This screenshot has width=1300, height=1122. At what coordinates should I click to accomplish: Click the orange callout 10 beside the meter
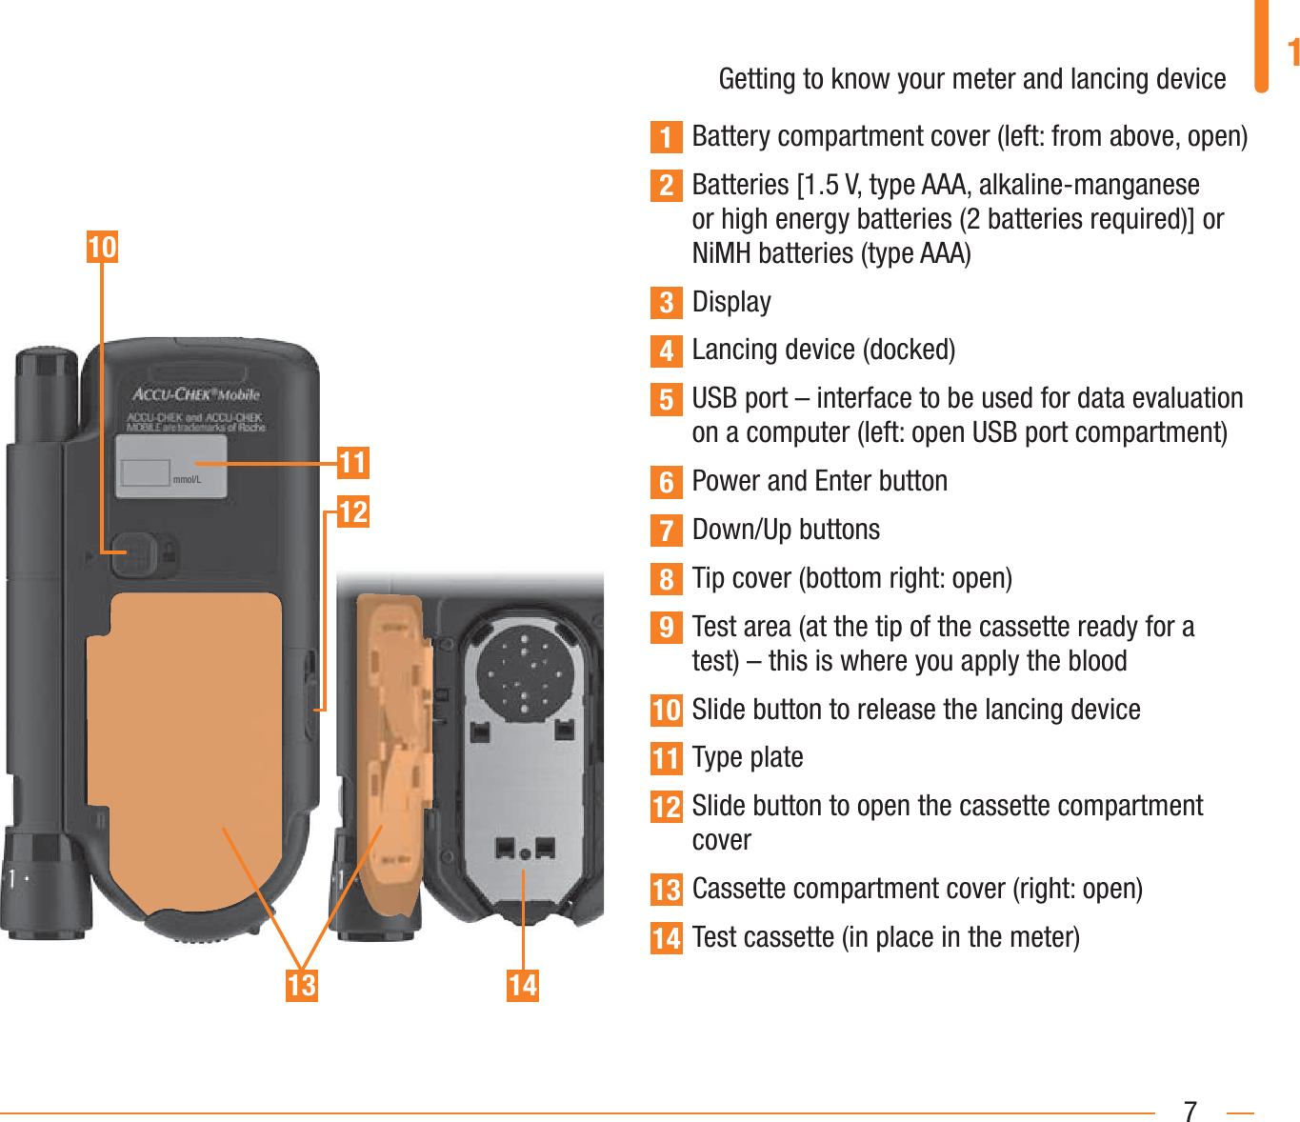102,247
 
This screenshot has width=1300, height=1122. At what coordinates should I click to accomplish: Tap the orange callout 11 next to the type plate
352,463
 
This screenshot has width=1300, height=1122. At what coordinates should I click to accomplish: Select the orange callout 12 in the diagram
352,511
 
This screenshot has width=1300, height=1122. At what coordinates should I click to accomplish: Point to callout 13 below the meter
301,984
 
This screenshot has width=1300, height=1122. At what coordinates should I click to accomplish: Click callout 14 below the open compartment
522,984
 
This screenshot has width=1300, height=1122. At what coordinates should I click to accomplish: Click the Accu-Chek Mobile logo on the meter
195,393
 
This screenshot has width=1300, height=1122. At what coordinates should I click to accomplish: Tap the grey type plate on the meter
171,466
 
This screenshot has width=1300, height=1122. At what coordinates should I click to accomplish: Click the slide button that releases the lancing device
133,552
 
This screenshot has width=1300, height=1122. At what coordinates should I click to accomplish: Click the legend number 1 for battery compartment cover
667,137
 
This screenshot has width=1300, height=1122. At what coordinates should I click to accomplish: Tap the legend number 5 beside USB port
667,399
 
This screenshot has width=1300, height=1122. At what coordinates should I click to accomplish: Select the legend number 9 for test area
667,628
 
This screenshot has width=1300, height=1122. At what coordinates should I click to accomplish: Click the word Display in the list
731,302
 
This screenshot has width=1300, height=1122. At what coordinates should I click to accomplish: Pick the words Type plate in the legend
748,757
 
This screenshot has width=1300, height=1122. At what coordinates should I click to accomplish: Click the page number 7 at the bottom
1190,1111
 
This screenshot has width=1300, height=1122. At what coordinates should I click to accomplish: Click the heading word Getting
758,79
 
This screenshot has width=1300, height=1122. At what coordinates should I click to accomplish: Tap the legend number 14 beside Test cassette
667,938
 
